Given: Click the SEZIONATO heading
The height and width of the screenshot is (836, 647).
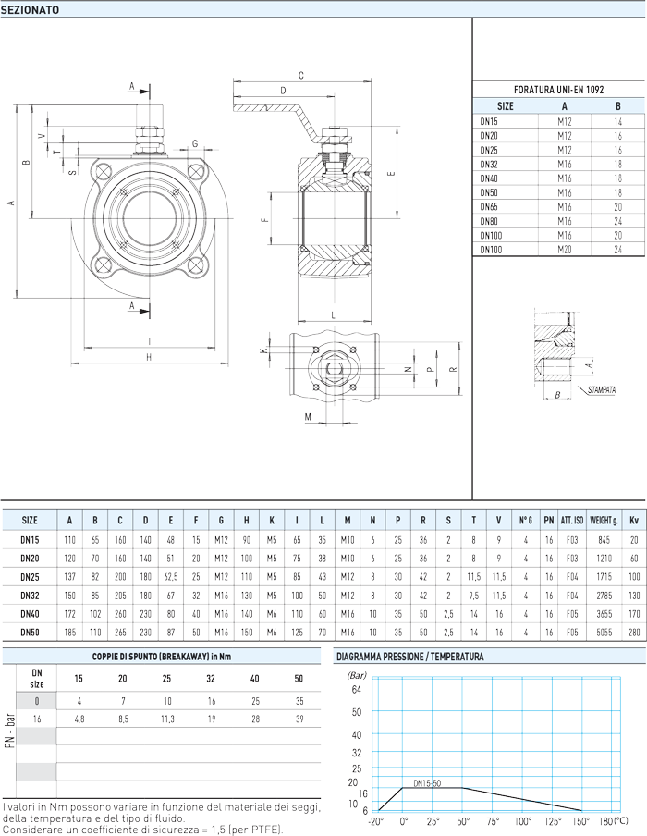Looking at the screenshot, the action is (x=31, y=10).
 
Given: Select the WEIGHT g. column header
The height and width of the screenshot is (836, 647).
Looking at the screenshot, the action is (x=604, y=521).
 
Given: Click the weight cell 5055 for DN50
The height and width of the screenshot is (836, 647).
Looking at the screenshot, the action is (x=604, y=633).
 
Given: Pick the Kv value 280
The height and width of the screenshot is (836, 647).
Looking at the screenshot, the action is (x=634, y=633).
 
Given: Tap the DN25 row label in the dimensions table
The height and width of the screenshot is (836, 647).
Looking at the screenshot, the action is (x=30, y=577).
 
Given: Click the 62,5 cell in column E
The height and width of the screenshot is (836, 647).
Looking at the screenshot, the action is (x=171, y=577).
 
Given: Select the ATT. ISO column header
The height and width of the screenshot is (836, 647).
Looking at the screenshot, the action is (x=572, y=521).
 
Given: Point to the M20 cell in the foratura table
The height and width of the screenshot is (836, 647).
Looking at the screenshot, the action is (x=565, y=250).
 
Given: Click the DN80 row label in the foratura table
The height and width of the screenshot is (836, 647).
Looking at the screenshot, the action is (x=489, y=221).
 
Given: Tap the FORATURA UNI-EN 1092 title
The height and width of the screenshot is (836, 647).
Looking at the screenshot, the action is (x=558, y=90).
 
